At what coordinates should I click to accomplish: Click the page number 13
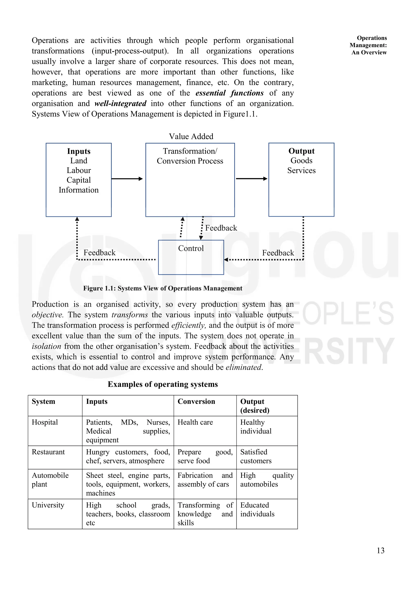click(x=380, y=550)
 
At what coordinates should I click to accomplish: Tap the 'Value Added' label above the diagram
click(x=191, y=136)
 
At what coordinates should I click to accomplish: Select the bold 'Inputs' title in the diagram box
click(x=79, y=151)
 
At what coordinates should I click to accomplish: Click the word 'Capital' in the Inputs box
click(x=79, y=180)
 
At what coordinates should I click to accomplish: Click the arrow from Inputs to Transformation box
click(x=127, y=179)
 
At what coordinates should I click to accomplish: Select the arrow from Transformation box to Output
click(x=251, y=179)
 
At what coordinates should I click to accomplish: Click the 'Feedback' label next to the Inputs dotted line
click(x=99, y=253)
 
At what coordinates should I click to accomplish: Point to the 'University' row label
click(x=48, y=505)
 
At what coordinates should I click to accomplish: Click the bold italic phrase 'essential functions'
click(x=229, y=93)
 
